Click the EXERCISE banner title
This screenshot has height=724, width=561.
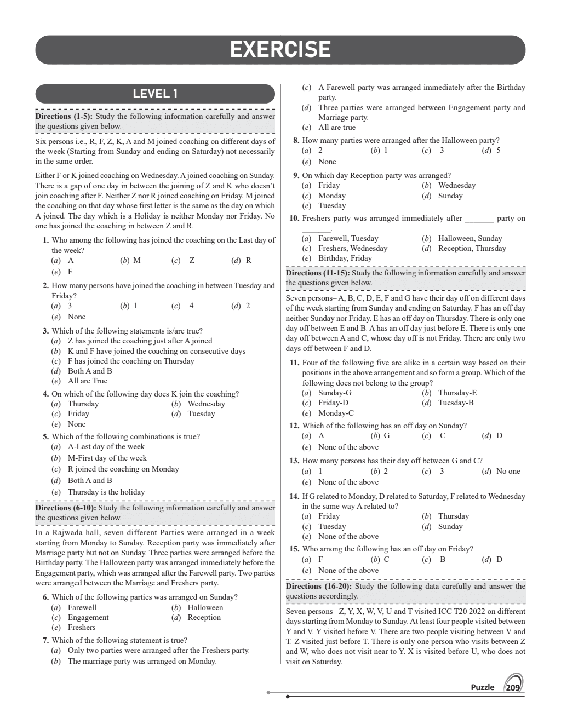tap(280, 50)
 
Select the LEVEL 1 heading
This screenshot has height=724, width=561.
tap(155, 94)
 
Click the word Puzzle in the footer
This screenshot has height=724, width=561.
tap(482, 687)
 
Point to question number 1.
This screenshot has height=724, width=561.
tap(46, 240)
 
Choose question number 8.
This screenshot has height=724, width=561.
tap(296, 140)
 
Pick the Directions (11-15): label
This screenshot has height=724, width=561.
tap(318, 273)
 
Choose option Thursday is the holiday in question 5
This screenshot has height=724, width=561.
tap(106, 492)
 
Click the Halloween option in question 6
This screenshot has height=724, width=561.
tap(205, 607)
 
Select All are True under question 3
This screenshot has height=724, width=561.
tap(87, 381)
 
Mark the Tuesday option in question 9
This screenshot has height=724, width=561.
tap(331, 205)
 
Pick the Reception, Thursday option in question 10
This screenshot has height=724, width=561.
tap(472, 248)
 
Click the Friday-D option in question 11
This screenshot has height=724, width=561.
tap(333, 403)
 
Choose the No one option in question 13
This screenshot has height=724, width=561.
tap(508, 471)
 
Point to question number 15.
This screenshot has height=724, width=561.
tap(294, 549)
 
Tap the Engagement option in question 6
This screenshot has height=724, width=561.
tap(88, 617)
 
